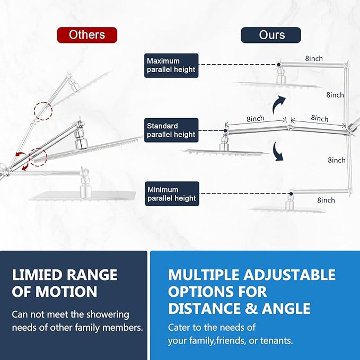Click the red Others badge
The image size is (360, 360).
pos(87,35)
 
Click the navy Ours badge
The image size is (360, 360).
pos(271,35)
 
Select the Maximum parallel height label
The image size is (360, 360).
pos(171,65)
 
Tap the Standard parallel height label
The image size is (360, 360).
pos(171,130)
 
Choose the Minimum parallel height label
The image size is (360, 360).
pos(172,194)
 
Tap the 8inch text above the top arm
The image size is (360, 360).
pos(314,58)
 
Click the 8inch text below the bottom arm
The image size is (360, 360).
pos(326,200)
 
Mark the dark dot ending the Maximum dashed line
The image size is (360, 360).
pos(278,65)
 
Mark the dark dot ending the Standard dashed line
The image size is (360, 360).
pos(225,130)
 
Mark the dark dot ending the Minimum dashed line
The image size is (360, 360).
pos(291,194)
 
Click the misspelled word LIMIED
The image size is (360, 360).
pos(37,275)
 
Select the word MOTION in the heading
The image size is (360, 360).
pos(66,292)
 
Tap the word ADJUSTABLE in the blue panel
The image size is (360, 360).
pos(289,275)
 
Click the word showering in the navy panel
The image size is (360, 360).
pos(108,315)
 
